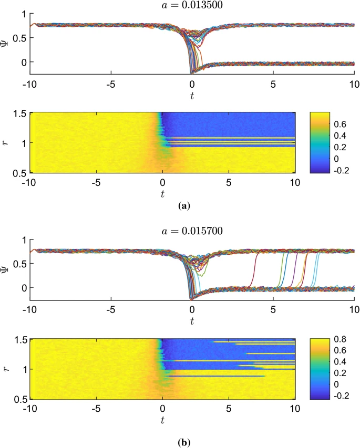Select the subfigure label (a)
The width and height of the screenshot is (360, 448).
pos(183,207)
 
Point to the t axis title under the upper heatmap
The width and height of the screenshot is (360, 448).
pos(162,193)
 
